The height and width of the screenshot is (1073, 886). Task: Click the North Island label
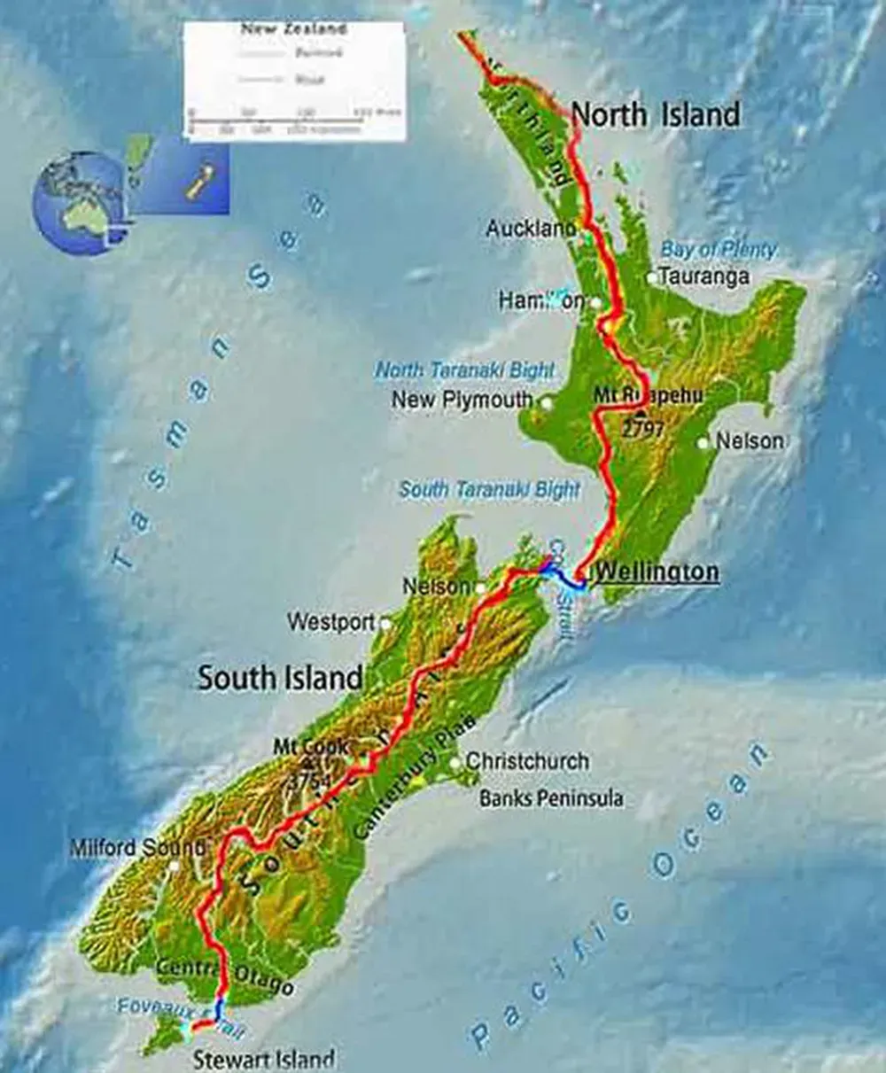(x=655, y=114)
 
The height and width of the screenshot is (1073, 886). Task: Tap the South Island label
(x=280, y=678)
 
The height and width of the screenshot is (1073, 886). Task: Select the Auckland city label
(x=531, y=229)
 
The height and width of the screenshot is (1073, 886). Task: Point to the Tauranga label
(x=704, y=276)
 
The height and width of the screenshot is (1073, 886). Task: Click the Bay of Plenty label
(x=718, y=250)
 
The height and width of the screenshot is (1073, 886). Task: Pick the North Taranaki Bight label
(x=465, y=369)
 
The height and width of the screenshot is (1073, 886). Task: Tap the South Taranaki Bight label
(x=490, y=489)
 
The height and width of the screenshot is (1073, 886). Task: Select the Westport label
(x=331, y=623)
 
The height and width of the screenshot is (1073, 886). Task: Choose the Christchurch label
(x=527, y=761)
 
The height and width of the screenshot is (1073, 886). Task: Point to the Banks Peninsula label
(x=551, y=798)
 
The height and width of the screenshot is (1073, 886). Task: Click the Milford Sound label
(x=137, y=848)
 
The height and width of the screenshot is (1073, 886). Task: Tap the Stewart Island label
(x=264, y=1059)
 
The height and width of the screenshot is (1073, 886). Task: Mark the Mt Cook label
(x=311, y=747)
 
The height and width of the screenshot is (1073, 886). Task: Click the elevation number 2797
(x=643, y=431)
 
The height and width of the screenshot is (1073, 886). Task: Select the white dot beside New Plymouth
(x=547, y=403)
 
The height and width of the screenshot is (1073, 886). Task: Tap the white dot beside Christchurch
(x=455, y=762)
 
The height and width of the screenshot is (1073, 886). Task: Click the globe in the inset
(x=78, y=202)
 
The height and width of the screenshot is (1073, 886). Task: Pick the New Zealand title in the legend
(x=293, y=29)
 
